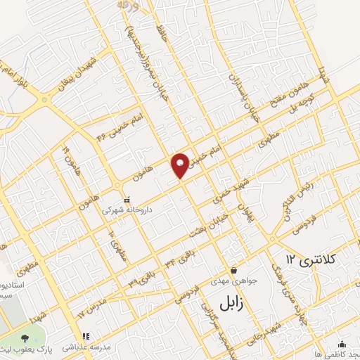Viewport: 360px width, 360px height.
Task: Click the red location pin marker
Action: (x=181, y=165)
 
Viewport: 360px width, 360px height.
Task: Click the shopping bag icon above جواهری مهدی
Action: (x=234, y=271)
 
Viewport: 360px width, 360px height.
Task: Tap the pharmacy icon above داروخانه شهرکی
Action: (x=127, y=199)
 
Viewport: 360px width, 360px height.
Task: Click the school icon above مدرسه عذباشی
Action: (x=86, y=336)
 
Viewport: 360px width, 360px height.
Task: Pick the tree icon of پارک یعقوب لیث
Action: (x=27, y=339)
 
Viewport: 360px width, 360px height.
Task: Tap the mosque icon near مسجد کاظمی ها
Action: (x=342, y=344)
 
